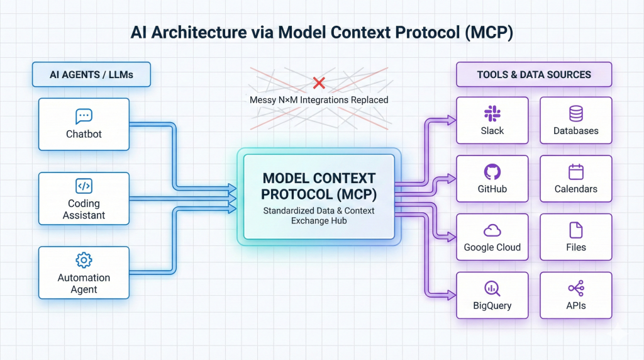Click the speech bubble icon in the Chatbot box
point(84,116)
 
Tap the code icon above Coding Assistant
point(84,186)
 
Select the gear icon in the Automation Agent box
point(84,260)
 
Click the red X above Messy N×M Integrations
point(319,82)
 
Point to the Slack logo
point(492,113)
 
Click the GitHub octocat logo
point(492,172)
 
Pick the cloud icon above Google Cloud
point(492,230)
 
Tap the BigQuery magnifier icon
point(492,288)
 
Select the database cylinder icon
point(575,113)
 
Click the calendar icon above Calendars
point(575,172)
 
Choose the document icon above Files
point(575,230)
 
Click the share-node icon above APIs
point(575,288)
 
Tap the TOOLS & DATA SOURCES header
point(534,74)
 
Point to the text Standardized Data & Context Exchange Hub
point(318,215)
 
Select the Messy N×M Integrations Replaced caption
point(319,99)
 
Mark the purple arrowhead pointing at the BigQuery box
point(452,293)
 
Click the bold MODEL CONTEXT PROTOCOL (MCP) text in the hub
point(318,186)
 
